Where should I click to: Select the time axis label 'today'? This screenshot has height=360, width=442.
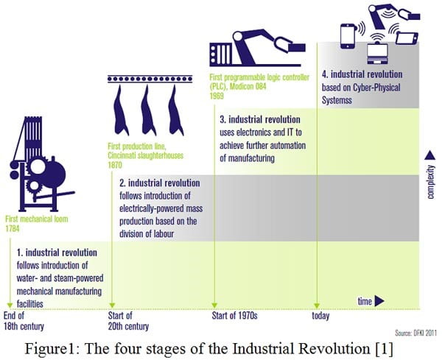click(320, 317)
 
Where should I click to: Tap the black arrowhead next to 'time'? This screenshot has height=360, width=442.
click(381, 300)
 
